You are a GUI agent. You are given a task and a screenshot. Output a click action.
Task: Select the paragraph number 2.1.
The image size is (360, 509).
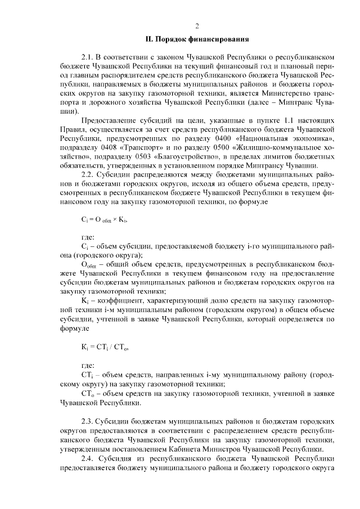[88, 57]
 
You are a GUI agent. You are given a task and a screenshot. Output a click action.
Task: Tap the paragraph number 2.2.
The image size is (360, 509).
[88, 175]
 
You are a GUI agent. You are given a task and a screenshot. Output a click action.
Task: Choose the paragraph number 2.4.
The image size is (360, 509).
[88, 459]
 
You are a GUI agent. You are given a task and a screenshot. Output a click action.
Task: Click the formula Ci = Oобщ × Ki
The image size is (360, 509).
[104, 221]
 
